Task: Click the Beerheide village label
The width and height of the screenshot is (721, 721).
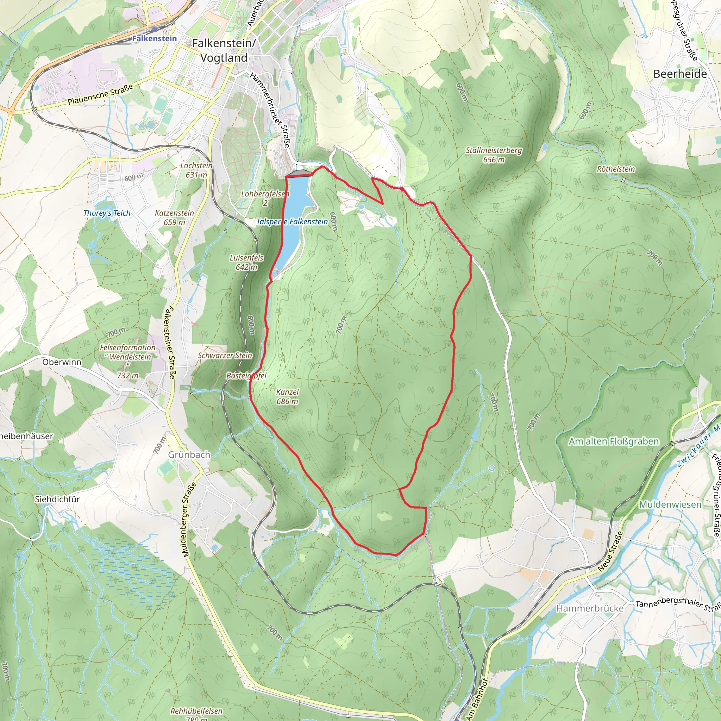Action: [x=679, y=74]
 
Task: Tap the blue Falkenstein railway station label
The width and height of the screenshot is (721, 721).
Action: [x=154, y=38]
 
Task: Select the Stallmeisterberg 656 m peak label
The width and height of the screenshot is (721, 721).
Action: [x=493, y=155]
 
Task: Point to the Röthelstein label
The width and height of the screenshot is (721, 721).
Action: [x=615, y=169]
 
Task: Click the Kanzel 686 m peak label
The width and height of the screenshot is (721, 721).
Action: [x=287, y=396]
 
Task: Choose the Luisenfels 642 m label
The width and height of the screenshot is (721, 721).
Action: [x=246, y=262]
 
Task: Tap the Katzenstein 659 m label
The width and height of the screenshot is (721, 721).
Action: [x=174, y=218]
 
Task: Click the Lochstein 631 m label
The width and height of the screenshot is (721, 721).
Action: [x=196, y=170]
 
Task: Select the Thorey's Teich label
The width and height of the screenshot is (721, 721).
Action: [x=107, y=213]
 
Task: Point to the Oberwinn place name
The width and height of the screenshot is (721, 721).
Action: [x=62, y=362]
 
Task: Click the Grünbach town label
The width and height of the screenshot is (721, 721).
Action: [x=189, y=454]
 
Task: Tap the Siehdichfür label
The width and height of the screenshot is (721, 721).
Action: [x=57, y=499]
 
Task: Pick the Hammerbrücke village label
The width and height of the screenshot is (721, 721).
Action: [x=590, y=609]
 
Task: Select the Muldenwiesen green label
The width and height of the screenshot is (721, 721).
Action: [x=670, y=504]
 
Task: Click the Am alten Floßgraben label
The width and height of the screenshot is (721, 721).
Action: [x=614, y=441]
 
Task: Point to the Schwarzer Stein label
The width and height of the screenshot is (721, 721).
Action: [x=225, y=355]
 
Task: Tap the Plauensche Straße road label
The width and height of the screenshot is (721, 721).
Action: [x=100, y=95]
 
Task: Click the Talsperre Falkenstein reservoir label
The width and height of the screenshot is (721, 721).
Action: [x=292, y=222]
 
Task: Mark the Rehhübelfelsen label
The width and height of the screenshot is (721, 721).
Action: [x=196, y=711]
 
